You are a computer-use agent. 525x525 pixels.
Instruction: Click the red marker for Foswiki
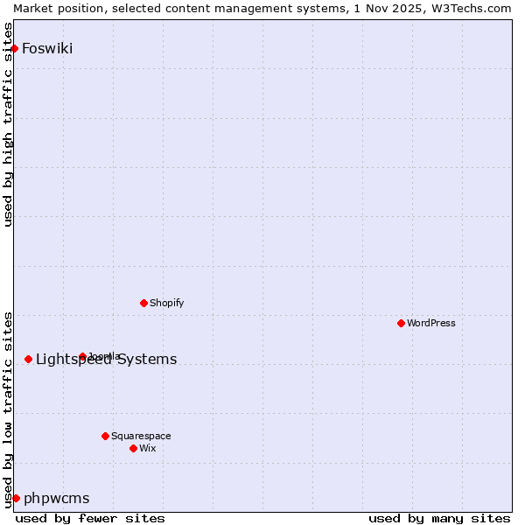pos(14,48)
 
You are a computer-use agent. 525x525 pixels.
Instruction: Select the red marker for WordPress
pos(401,323)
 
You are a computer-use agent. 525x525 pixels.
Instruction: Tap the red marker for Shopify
pos(143,303)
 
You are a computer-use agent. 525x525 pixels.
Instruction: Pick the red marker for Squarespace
pos(105,436)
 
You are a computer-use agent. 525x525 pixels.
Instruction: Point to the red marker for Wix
pos(133,448)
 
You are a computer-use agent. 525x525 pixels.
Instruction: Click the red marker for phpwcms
pos(16,498)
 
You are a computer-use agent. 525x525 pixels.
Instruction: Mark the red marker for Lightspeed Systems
pos(28,359)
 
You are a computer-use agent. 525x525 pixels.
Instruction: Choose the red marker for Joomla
pos(82,356)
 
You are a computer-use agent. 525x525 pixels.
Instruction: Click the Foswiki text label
pos(47,48)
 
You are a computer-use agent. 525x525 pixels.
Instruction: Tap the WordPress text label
pos(431,323)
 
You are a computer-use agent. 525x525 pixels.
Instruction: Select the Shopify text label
pos(166,303)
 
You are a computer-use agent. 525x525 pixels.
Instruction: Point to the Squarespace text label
pos(141,436)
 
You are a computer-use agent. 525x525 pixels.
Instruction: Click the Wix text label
pos(148,448)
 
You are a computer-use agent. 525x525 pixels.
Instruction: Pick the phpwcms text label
pos(56,498)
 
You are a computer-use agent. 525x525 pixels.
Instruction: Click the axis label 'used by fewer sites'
pos(90,518)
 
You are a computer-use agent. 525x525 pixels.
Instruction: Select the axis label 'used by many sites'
pos(439,518)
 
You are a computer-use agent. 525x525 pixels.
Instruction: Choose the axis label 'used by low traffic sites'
pos(9,409)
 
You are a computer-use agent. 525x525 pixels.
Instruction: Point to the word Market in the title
pos(33,8)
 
